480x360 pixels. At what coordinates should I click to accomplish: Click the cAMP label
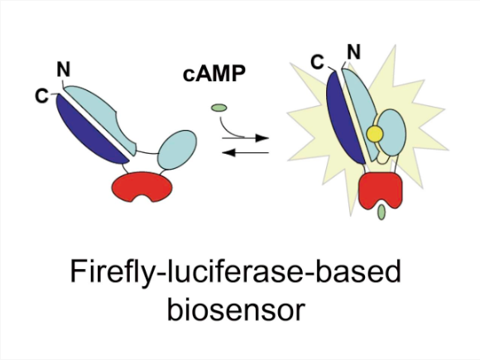point(214,74)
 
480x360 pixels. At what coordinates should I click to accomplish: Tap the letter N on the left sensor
point(64,70)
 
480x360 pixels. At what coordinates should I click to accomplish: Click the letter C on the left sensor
point(41,96)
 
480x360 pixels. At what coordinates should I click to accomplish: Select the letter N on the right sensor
point(354,52)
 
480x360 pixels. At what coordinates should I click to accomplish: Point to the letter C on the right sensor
point(317,62)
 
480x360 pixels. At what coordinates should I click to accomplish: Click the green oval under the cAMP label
point(218,108)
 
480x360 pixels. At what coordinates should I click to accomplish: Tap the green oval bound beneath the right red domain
point(382,212)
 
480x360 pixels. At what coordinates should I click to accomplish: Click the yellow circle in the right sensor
point(375,134)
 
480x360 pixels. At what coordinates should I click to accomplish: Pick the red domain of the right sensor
point(380,187)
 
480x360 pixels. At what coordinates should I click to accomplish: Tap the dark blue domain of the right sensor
point(344,118)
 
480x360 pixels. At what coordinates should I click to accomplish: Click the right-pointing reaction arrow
point(245,138)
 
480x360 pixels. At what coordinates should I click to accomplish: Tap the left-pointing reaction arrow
point(245,152)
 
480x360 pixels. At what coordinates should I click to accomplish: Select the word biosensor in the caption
point(237,310)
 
